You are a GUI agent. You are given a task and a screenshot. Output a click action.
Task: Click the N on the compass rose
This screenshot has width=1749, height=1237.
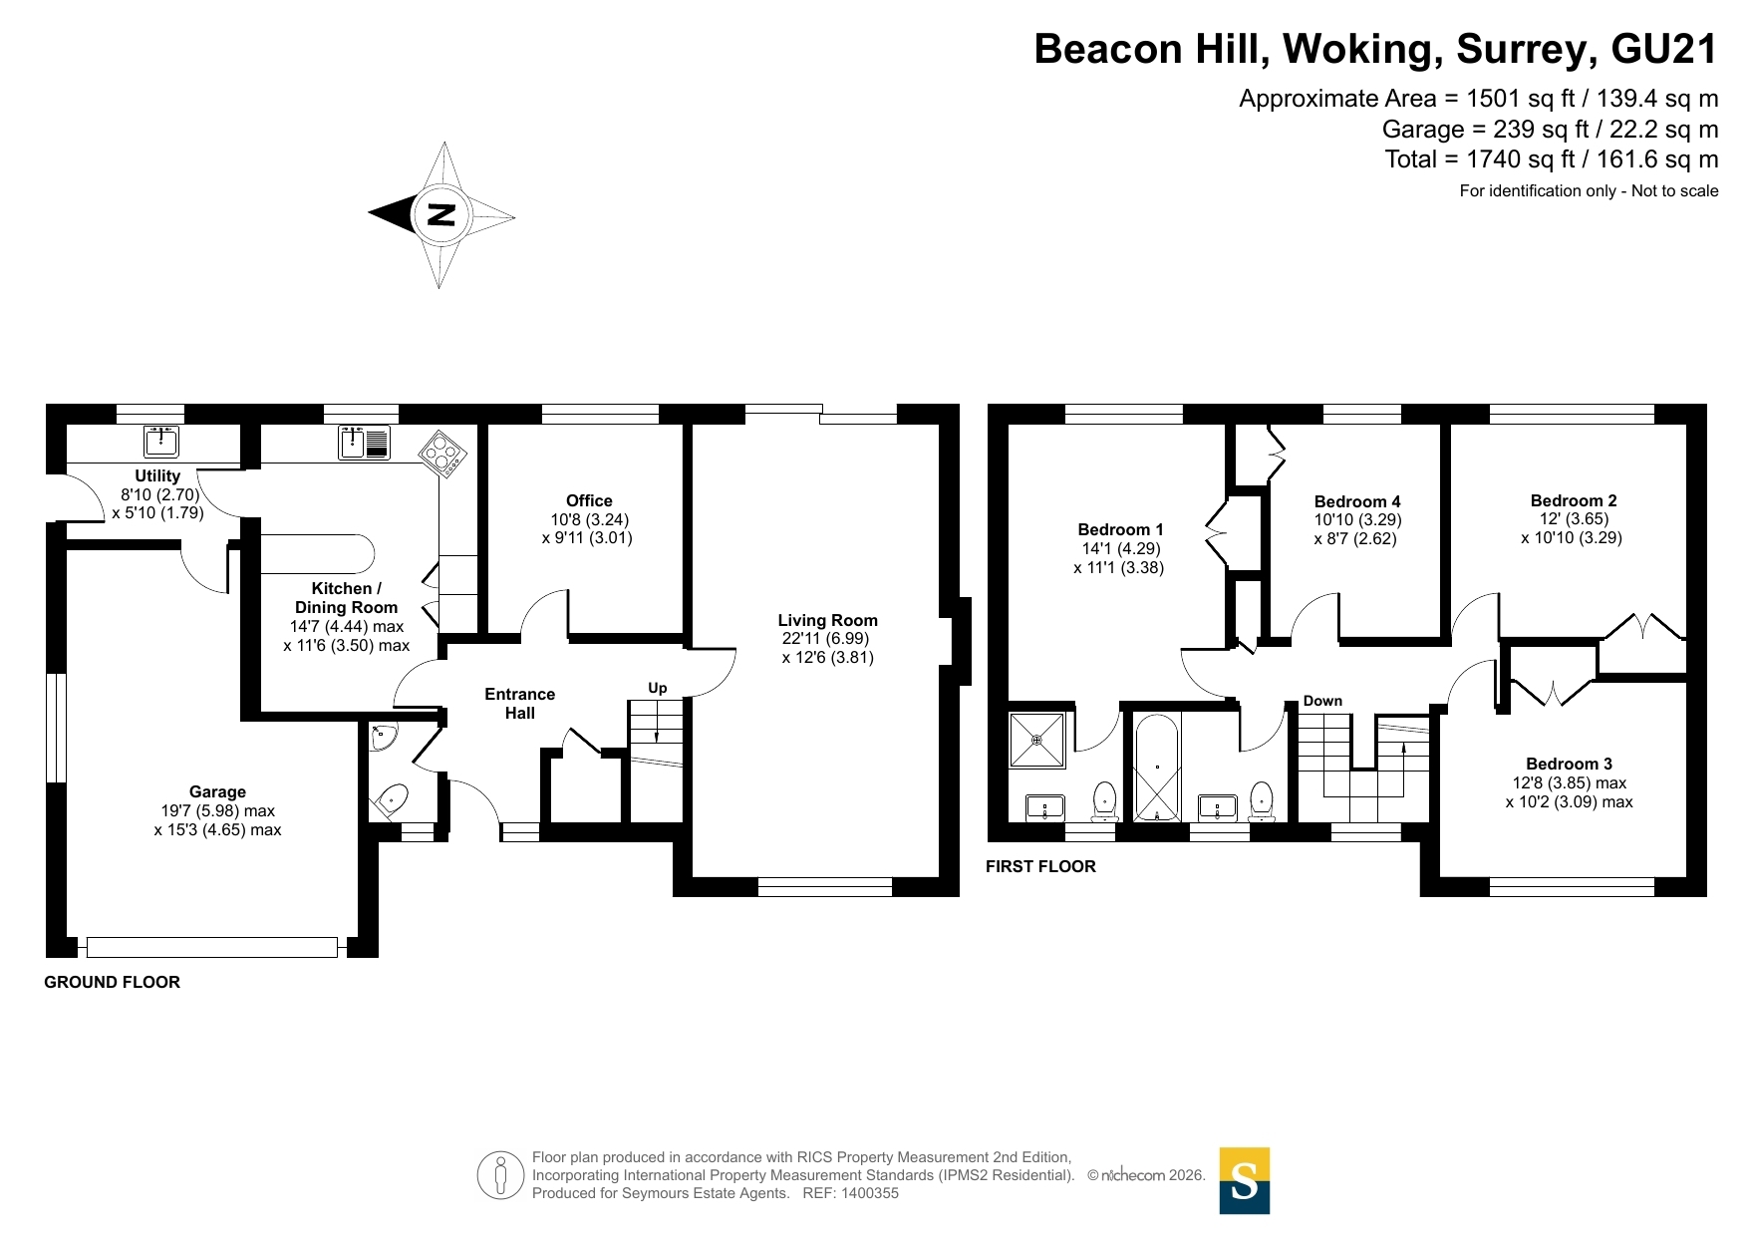tap(441, 214)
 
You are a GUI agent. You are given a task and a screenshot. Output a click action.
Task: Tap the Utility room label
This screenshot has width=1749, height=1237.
tap(157, 476)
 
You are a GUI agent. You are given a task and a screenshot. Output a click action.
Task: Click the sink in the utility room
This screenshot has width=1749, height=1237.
tap(160, 440)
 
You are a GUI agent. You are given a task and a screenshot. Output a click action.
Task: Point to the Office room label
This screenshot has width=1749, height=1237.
tap(589, 500)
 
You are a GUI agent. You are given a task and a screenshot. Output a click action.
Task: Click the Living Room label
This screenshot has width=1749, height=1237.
tap(827, 620)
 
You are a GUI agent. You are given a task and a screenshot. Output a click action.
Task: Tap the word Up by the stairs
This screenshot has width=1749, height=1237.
tap(658, 688)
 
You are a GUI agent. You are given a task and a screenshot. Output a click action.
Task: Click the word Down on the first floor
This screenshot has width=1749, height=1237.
tap(1322, 701)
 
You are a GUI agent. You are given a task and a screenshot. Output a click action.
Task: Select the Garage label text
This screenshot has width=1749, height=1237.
tap(217, 792)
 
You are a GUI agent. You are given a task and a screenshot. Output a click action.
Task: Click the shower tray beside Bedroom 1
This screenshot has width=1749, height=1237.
tap(1037, 740)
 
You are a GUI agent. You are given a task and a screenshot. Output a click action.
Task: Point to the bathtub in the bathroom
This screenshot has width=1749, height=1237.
tap(1156, 767)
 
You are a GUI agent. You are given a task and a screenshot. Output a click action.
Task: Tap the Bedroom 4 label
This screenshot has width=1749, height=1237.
tap(1357, 501)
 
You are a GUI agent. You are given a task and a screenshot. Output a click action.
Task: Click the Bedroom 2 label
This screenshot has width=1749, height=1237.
tap(1574, 500)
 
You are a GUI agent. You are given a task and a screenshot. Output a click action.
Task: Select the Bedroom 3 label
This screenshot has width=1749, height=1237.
tap(1569, 765)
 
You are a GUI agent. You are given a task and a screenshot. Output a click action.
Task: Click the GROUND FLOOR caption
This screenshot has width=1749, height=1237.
tap(113, 982)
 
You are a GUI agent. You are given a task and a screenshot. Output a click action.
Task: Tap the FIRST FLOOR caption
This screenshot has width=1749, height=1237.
tap(1040, 866)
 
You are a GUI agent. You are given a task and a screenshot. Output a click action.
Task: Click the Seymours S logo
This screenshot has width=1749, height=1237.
tap(1245, 1181)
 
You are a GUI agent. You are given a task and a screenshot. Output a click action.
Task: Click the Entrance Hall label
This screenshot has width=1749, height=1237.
tap(519, 703)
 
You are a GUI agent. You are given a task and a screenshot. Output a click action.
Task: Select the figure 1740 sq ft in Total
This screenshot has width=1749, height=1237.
tap(1528, 159)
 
